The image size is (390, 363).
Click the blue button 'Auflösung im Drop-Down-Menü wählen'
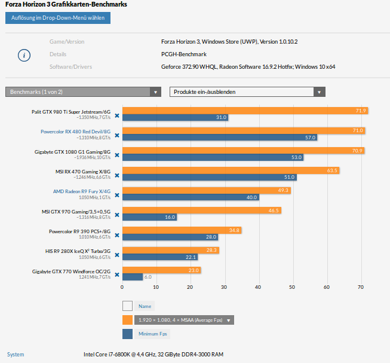click(57, 18)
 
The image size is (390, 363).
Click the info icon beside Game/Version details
click(23, 55)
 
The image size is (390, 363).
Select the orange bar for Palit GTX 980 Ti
click(245, 111)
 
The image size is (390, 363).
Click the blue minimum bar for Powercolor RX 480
click(219, 138)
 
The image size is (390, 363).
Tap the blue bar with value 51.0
click(209, 177)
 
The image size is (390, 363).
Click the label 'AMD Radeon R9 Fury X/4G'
click(82, 191)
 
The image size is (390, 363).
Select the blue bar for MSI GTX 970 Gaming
click(149, 217)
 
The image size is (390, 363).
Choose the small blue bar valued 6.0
click(133, 277)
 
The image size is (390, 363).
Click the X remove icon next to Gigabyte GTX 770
click(117, 274)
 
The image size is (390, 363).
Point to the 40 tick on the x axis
click(258, 287)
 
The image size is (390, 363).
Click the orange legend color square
click(127, 320)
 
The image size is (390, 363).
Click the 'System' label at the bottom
click(16, 355)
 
